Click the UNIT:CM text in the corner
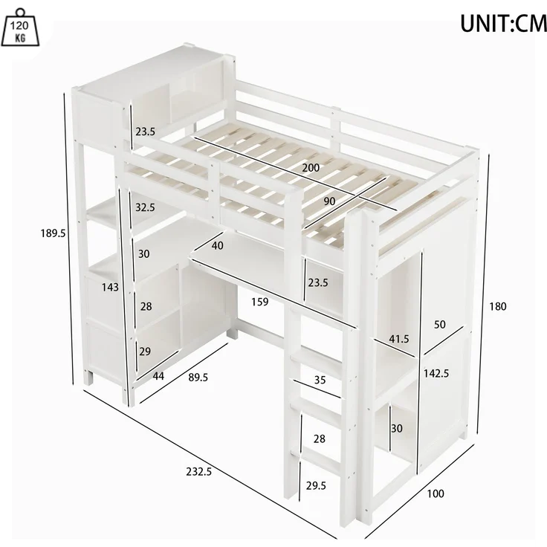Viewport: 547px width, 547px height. [503, 24]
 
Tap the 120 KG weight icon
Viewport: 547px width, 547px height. [20, 28]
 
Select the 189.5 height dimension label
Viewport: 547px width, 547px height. [53, 233]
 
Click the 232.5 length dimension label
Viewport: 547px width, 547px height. [199, 472]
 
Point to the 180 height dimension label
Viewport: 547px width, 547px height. [497, 307]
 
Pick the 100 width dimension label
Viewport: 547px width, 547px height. [436, 493]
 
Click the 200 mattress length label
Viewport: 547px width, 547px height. [311, 168]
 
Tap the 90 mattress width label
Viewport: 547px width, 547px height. [329, 201]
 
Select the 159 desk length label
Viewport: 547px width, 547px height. [260, 302]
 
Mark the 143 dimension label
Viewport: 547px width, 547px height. [110, 288]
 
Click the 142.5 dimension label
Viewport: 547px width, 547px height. [436, 374]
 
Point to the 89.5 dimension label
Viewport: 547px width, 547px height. [198, 378]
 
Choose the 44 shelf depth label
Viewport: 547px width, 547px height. [158, 376]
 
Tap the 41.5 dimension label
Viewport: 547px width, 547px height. [399, 339]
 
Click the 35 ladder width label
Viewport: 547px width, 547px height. [320, 380]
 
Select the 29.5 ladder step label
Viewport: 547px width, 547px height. [316, 485]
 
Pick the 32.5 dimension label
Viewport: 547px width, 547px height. [145, 207]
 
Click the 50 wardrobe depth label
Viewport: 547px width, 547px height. [439, 325]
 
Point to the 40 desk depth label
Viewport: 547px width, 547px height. [217, 245]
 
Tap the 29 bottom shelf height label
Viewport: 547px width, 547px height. [145, 352]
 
